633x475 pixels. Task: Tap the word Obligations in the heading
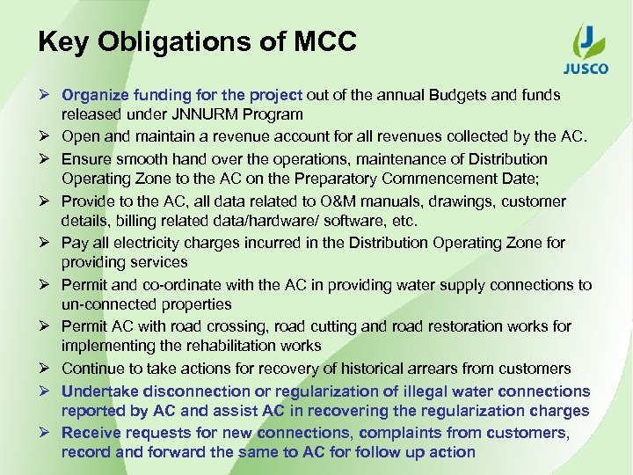point(189,41)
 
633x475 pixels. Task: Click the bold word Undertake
point(98,391)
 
